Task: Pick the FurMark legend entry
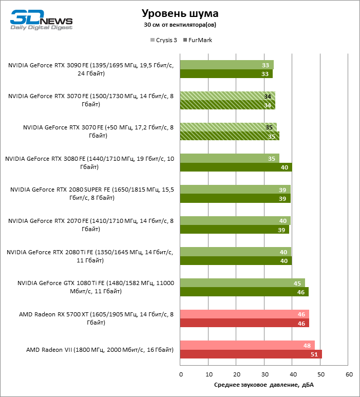tap(197, 40)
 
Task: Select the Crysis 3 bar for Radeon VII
tap(247, 345)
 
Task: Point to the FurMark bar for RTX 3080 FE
tap(236, 167)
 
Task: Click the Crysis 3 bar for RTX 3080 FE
tap(229, 159)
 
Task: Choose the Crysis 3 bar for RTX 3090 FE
tap(226, 65)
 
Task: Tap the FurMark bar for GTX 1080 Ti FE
tap(244, 292)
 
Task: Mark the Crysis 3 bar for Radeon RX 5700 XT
tap(244, 314)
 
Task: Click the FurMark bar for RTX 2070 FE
tap(234, 230)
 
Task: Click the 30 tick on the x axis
tap(264, 374)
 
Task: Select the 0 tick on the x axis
tap(180, 374)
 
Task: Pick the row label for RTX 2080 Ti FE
tap(90, 256)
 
